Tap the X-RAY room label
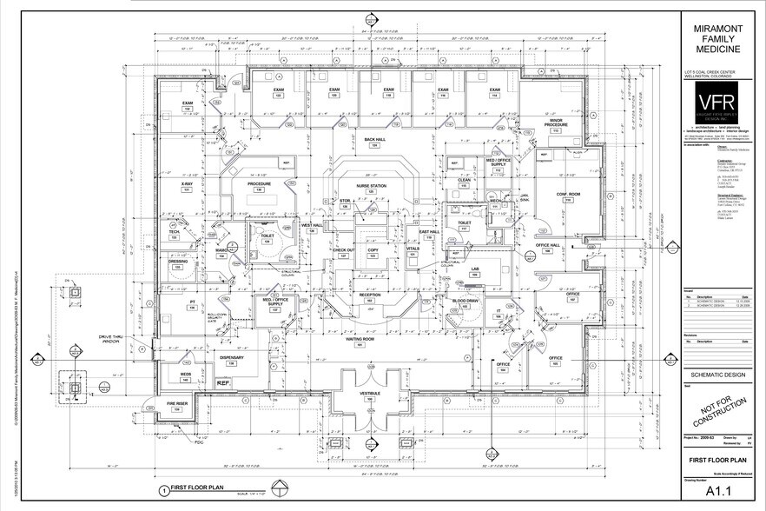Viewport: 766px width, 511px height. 187,184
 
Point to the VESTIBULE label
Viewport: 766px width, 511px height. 371,394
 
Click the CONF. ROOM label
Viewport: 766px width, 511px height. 568,194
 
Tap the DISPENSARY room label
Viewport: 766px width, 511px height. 231,357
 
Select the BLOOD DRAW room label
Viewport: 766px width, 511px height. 466,301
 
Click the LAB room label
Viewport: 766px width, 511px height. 475,269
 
